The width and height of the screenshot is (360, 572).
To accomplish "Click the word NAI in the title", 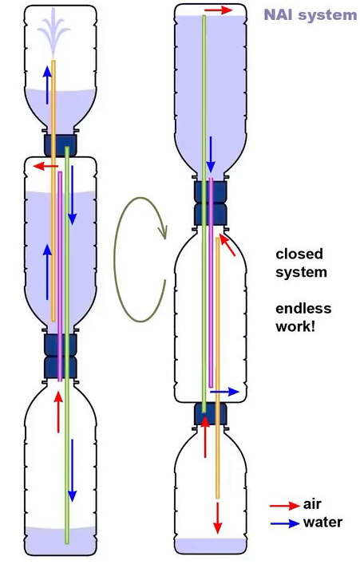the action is click(279, 14).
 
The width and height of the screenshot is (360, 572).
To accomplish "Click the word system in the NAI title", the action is click(327, 16).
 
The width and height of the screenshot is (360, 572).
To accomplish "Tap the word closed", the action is click(299, 254).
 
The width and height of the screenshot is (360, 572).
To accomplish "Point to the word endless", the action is click(303, 309).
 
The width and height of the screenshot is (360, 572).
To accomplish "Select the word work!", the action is click(295, 326).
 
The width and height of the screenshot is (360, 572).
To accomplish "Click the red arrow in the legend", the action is click(284, 506).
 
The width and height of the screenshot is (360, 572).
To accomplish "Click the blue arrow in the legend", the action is click(284, 523).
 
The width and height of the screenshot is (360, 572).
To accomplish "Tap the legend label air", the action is click(312, 504).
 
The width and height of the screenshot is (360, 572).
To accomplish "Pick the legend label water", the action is click(322, 523).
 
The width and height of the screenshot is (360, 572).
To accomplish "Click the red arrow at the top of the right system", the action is click(218, 10).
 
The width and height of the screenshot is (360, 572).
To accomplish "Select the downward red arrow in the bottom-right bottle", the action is click(218, 518).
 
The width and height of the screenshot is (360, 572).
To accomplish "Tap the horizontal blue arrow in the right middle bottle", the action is click(224, 393).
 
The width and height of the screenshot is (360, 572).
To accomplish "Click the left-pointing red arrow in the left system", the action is click(45, 167).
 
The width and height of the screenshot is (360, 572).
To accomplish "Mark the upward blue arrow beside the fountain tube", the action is click(47, 85).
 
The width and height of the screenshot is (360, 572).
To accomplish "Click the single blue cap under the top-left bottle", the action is click(60, 145).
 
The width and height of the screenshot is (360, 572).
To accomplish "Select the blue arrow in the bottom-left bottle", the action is click(73, 471).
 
